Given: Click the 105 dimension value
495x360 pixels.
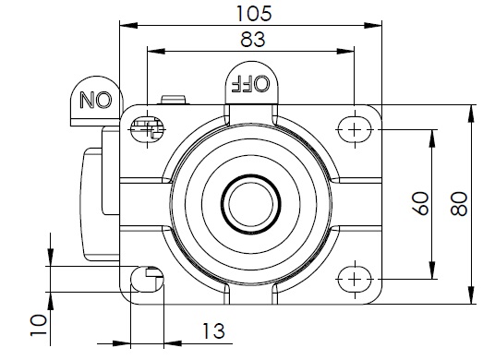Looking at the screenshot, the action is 254,14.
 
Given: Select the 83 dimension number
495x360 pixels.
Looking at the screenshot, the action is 252,40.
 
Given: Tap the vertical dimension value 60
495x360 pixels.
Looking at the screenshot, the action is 421,203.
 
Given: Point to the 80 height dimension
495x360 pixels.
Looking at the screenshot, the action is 459,204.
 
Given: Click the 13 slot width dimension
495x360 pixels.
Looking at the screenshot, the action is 213,331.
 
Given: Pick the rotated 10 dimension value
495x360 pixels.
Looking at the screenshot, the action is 39,325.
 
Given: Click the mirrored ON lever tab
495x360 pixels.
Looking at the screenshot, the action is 96,101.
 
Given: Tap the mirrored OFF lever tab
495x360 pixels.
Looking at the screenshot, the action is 251,83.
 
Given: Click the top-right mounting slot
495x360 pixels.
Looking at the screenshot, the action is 355,129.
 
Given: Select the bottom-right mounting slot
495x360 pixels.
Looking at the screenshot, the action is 355,279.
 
